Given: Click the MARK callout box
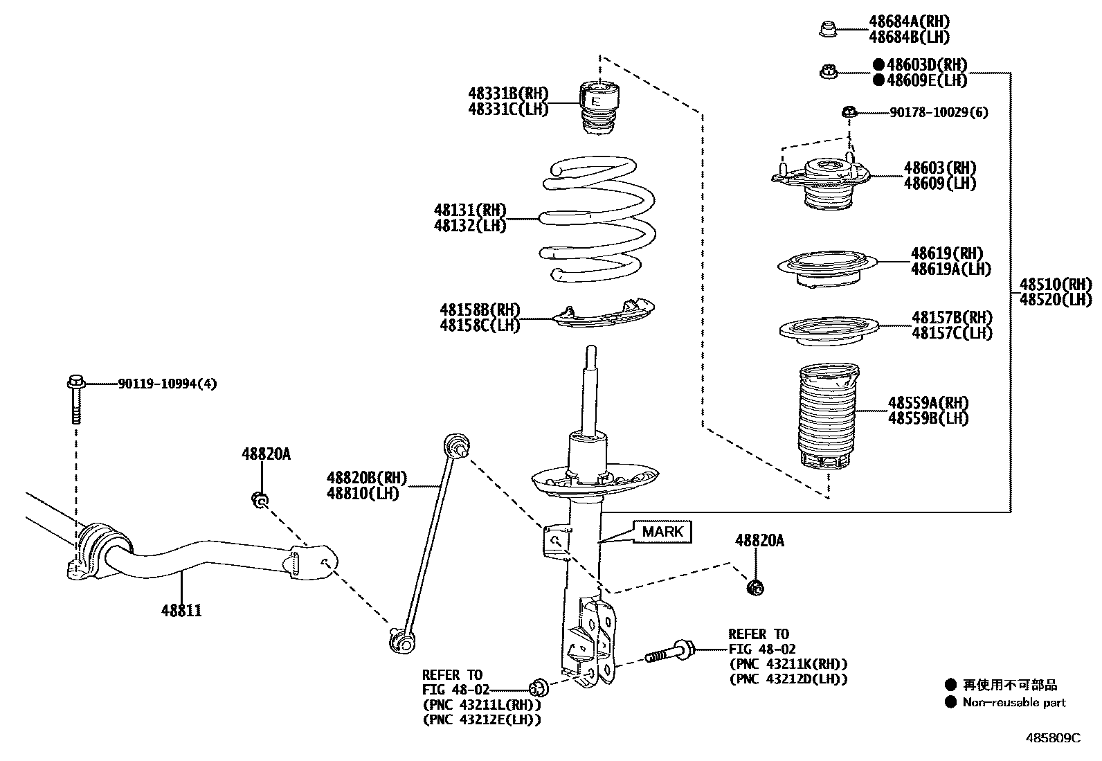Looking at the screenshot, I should [662, 532].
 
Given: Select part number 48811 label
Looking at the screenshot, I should [181, 611].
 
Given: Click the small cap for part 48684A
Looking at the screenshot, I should [828, 29].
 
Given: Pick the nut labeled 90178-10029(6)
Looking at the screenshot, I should [849, 111].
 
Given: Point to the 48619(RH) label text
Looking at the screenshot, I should [946, 253].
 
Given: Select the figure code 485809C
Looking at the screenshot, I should [1052, 738].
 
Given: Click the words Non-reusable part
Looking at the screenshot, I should [1014, 703].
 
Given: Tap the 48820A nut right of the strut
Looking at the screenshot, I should [755, 588].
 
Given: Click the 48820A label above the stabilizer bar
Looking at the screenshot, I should [266, 454].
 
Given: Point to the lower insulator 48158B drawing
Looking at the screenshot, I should [604, 315].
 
